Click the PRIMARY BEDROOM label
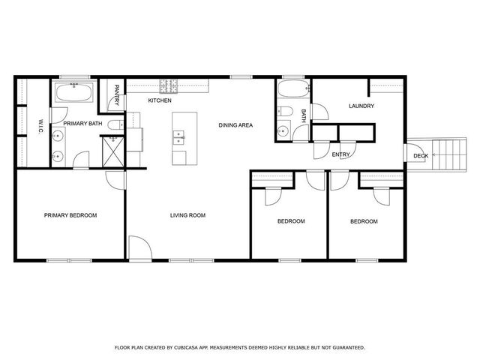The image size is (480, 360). tap(70, 215)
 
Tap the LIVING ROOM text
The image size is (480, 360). tap(187, 215)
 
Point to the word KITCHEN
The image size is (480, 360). tap(160, 100)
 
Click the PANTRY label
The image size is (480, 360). tap(117, 94)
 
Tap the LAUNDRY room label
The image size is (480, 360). tap(361, 106)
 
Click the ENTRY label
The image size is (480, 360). tap(340, 154)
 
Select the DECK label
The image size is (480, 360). tap(420, 156)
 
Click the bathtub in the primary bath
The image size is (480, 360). tap(73, 93)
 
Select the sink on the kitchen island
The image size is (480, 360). tap(180, 137)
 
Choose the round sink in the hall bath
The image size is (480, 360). tap(283, 131)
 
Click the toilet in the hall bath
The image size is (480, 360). tap(283, 112)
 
